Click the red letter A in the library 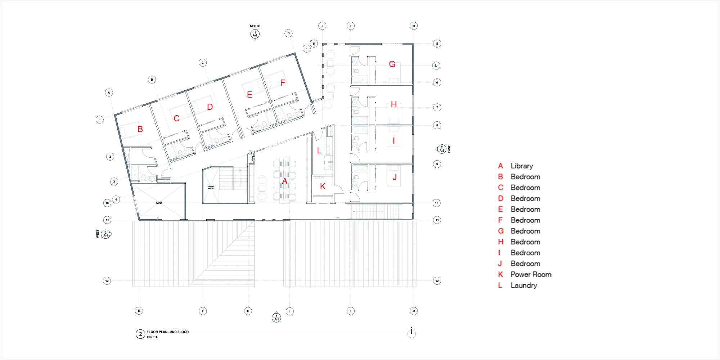pos(285,181)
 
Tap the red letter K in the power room pos(323,186)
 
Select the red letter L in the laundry pos(319,150)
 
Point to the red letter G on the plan pos(392,64)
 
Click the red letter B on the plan pos(140,129)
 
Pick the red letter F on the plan pos(283,83)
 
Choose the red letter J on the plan pos(395,177)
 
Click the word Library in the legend pos(522,166)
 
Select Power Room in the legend pos(531,274)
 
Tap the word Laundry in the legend pos(524,285)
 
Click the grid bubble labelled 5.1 pos(436,66)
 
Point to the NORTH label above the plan pos(255,26)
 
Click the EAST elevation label pos(449,149)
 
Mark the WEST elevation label pos(98,234)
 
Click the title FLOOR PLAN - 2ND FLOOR pos(167,332)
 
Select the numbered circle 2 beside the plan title pos(140,334)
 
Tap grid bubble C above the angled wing pos(203,63)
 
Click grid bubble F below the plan pos(203,311)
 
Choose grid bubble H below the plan pos(248,311)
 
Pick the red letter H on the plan pos(394,105)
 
